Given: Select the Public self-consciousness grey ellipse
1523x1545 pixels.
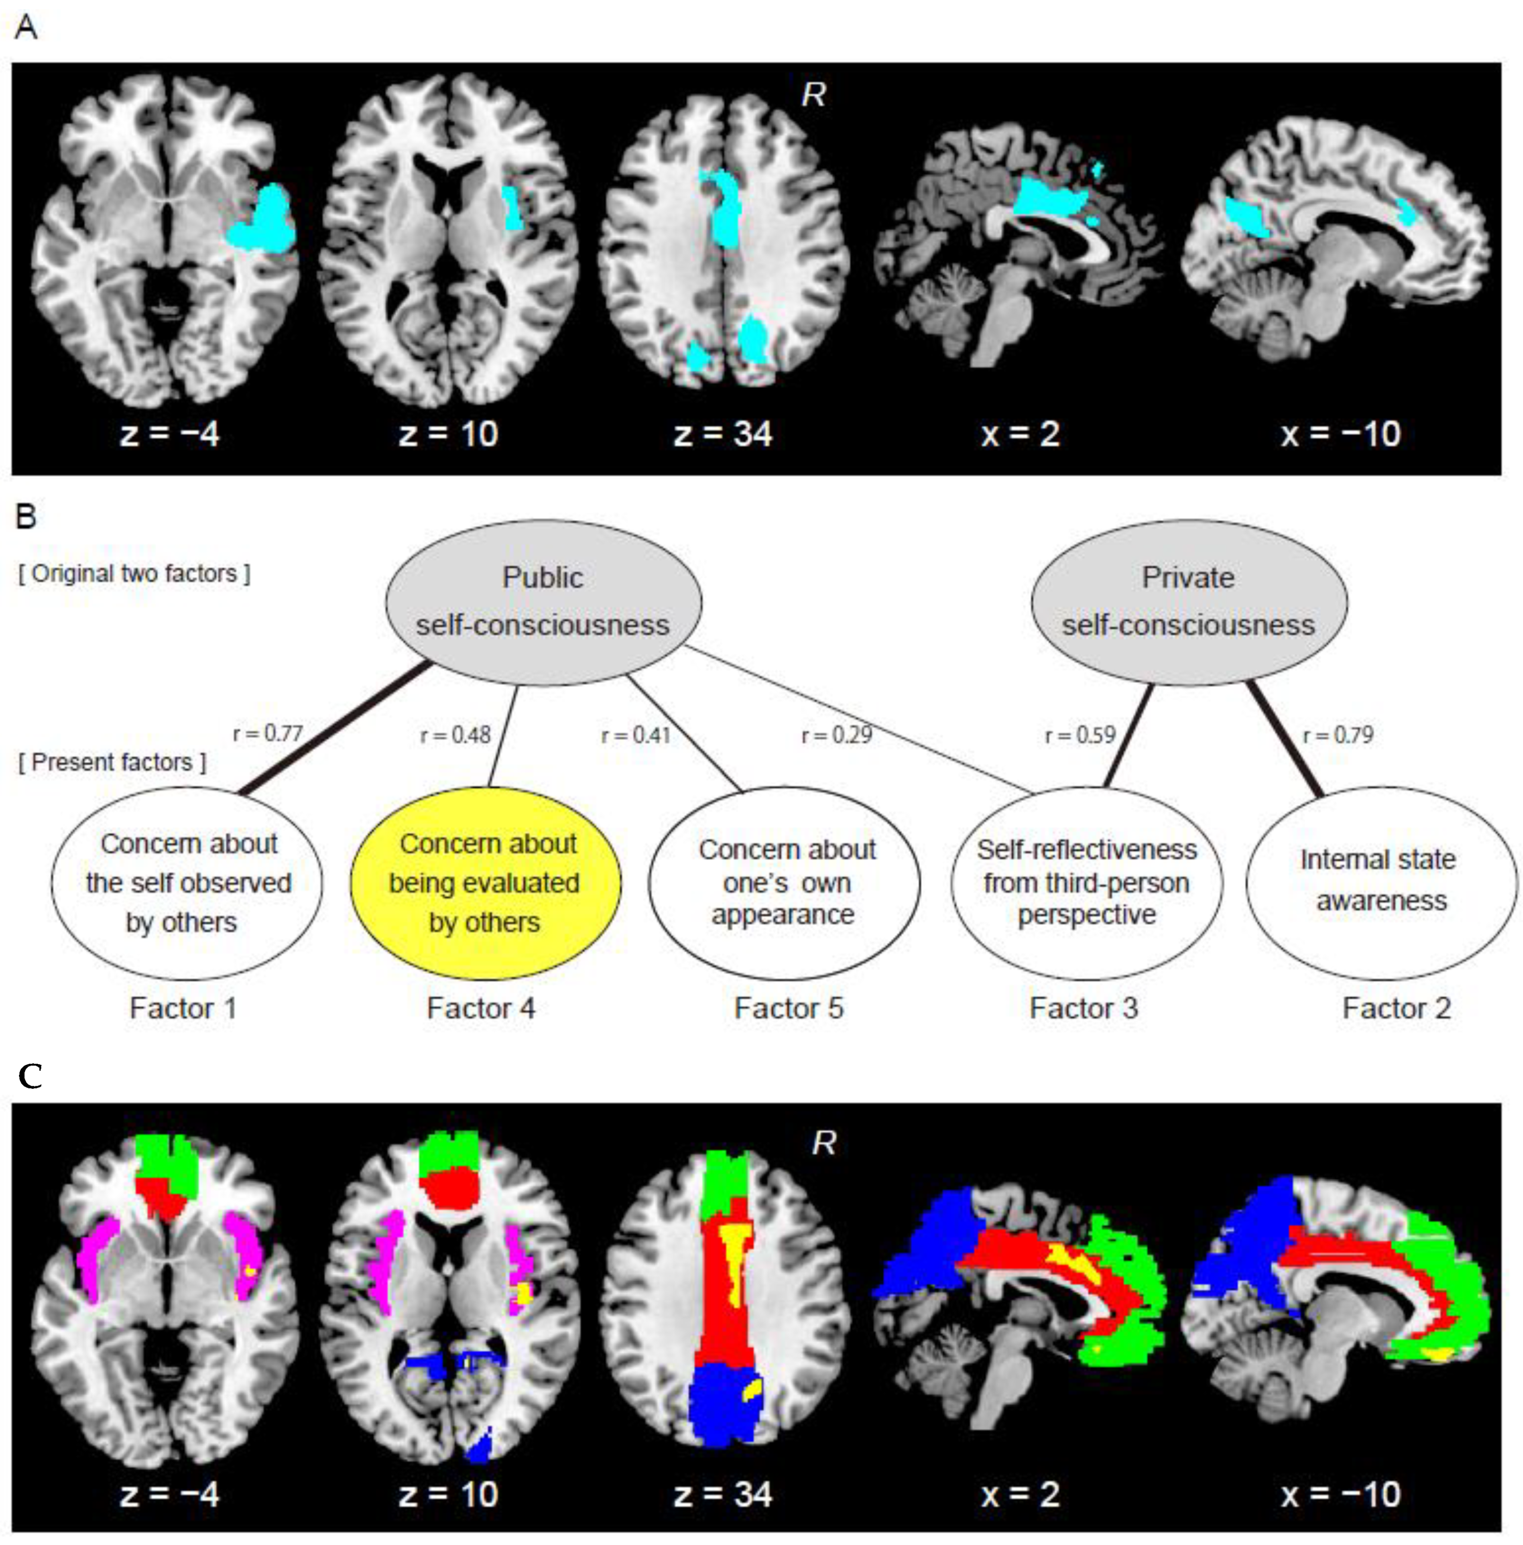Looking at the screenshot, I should tap(543, 602).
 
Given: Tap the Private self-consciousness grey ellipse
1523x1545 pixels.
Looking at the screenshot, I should tap(1189, 602).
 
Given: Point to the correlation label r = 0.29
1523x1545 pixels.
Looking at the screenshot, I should tap(837, 734).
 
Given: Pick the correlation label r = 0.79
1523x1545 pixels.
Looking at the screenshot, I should tap(1337, 734).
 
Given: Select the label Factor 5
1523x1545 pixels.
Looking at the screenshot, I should tap(789, 1008).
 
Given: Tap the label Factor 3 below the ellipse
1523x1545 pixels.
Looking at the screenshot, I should tap(1084, 1008).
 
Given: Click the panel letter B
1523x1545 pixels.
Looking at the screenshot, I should tap(26, 517).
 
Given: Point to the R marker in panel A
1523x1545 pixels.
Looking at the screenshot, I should tap(814, 95).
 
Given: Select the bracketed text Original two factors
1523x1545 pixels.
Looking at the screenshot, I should tap(134, 573).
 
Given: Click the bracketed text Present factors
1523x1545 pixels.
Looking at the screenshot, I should tap(112, 762).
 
